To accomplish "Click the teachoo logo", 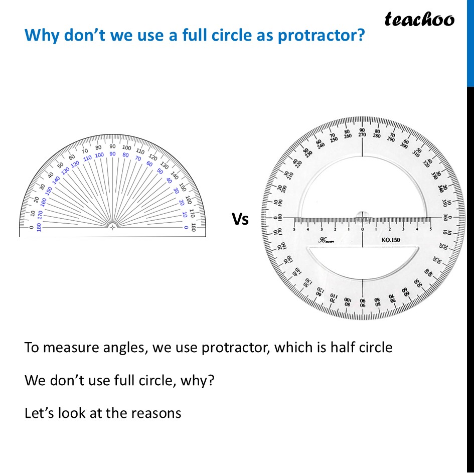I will tap(419, 19).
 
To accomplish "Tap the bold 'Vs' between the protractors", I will tap(240, 219).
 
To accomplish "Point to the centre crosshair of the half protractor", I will tap(112, 227).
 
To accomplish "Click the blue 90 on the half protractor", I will tap(112, 154).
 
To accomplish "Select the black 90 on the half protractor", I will tap(112, 146).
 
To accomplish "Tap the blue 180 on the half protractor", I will tap(39, 227).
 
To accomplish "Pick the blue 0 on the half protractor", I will tap(186, 227).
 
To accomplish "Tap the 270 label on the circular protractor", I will tap(362, 135).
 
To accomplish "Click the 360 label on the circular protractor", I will tap(445, 218).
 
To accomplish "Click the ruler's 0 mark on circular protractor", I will tap(362, 229).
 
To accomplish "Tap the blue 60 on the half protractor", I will tap(149, 164).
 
